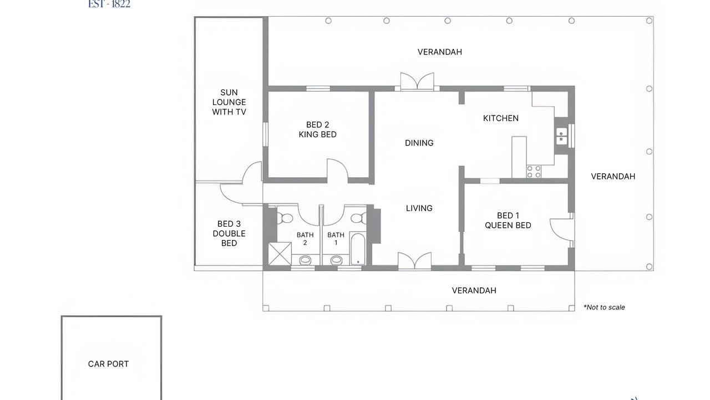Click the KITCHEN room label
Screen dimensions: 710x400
tap(501, 118)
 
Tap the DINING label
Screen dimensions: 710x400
tap(419, 143)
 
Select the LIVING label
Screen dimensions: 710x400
tap(419, 208)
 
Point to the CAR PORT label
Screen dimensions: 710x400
tap(108, 364)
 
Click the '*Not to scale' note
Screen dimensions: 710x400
tap(604, 307)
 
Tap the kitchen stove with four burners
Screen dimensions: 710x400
tap(534, 172)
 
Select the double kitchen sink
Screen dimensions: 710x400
tap(561, 136)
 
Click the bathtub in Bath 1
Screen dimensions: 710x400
tap(358, 249)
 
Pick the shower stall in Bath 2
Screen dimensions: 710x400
tap(280, 253)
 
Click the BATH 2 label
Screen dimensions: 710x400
tap(305, 239)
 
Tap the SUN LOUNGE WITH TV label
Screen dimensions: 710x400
tap(229, 102)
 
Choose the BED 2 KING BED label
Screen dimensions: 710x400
tap(318, 129)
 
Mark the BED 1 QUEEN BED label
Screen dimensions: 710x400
tap(508, 221)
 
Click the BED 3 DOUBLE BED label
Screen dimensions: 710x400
tap(229, 234)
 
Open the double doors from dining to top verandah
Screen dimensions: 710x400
tap(417, 81)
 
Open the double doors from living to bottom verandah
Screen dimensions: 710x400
tap(414, 261)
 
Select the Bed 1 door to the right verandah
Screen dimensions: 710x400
tap(562, 229)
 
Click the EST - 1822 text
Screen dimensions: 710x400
tap(109, 4)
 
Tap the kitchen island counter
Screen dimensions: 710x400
tap(519, 157)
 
